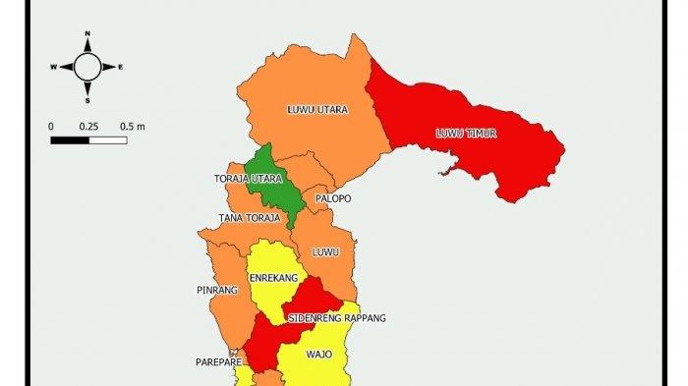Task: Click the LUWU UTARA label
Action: [x=316, y=109]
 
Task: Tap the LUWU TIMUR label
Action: [x=467, y=133]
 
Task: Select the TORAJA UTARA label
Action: [x=248, y=179]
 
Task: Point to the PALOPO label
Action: [x=333, y=198]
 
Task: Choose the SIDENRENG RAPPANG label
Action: [x=337, y=318]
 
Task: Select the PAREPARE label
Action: [x=212, y=361]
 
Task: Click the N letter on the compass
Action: [x=87, y=34]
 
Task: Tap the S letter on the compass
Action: [x=87, y=100]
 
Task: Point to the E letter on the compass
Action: [x=120, y=68]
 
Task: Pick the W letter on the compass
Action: [x=55, y=68]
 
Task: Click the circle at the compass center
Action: [x=87, y=67]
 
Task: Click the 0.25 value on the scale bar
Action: [x=88, y=127]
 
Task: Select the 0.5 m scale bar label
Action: [x=133, y=127]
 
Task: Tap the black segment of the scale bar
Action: [x=70, y=140]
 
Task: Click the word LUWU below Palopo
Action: [x=324, y=252]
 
